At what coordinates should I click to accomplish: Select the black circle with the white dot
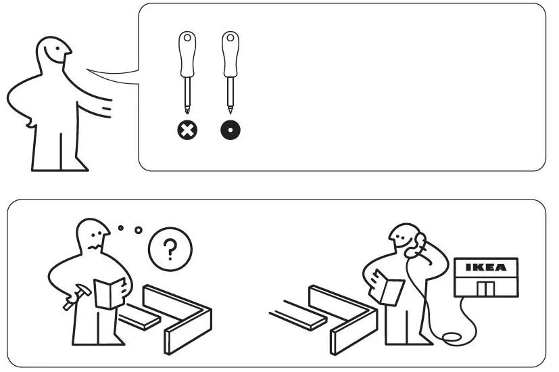click(230, 130)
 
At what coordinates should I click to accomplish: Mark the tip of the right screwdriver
click(230, 109)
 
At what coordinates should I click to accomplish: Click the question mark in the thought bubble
click(170, 250)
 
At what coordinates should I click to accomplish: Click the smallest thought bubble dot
click(121, 228)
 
